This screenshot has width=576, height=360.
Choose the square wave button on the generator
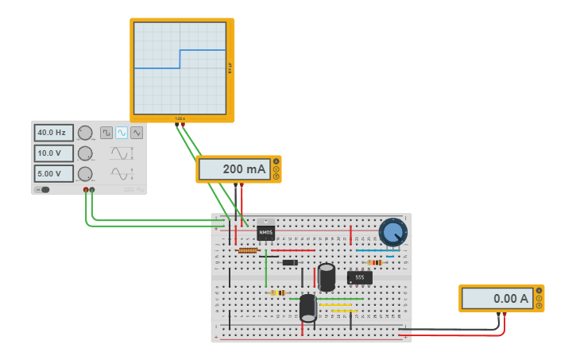point(106,133)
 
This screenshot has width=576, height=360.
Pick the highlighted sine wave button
point(122,133)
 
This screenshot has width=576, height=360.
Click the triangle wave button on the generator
point(137,133)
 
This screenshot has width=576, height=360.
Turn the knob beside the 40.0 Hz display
point(85,133)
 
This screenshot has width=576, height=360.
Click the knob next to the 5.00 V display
point(85,173)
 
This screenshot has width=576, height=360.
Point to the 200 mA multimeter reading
point(234,169)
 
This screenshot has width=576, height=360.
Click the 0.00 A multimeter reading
point(497,299)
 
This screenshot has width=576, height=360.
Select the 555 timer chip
point(359,277)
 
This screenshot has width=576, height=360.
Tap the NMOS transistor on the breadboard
point(265,231)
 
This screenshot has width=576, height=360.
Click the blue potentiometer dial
point(392,232)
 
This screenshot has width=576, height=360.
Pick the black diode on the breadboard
point(290,262)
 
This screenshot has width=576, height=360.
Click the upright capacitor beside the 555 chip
point(327,277)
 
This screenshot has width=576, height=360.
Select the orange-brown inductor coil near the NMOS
point(248,250)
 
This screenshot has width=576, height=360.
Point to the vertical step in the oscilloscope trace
point(180,60)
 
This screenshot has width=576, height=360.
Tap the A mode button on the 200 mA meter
point(276,161)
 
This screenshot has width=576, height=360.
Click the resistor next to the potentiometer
point(374,262)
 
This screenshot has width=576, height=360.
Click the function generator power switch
point(43,189)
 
